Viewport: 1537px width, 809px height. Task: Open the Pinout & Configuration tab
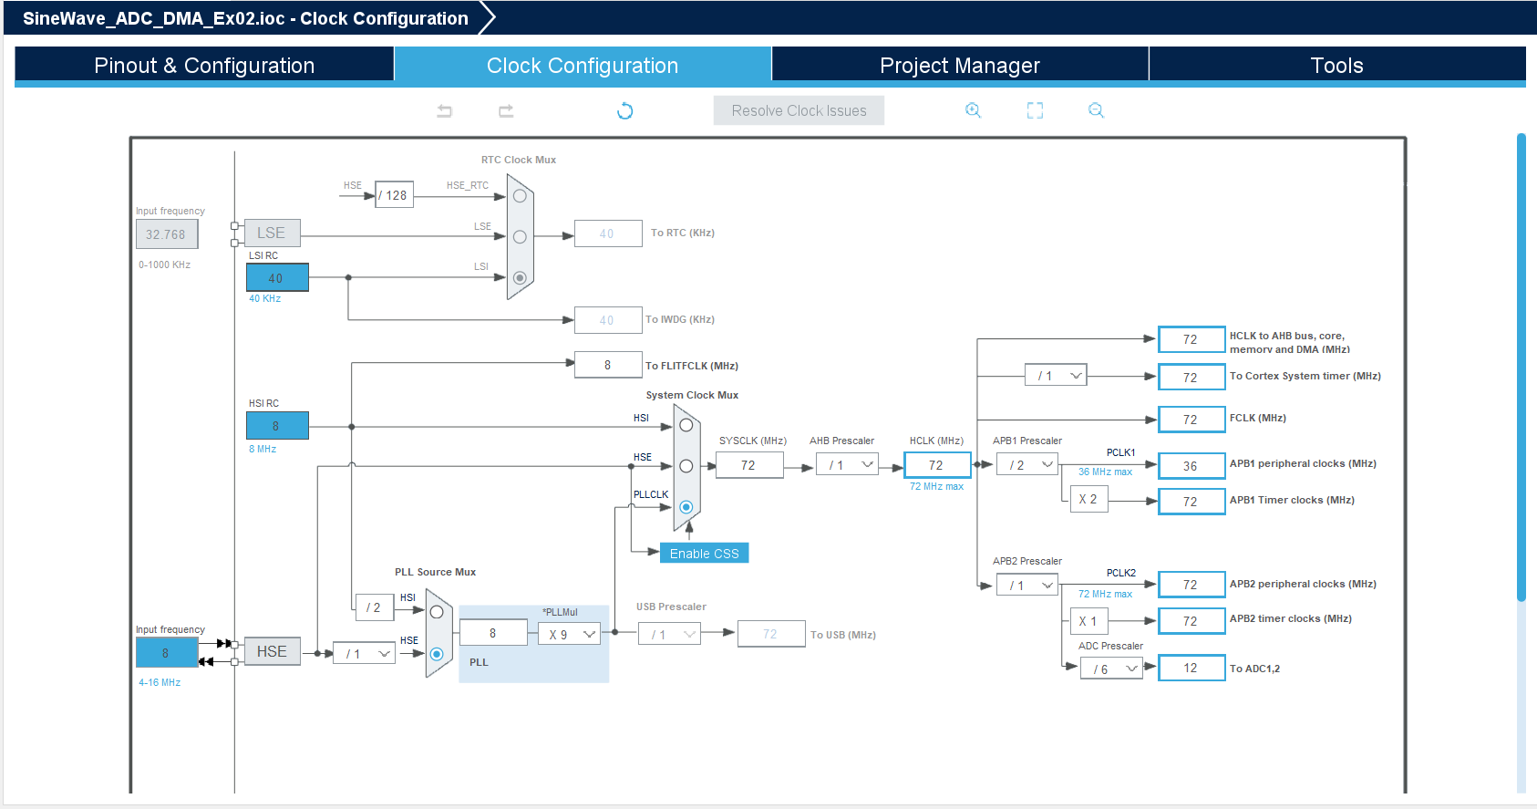coord(204,65)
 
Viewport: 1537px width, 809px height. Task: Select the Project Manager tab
coord(960,65)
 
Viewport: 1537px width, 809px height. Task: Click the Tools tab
coord(1336,65)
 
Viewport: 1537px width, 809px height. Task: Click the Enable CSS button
coord(704,554)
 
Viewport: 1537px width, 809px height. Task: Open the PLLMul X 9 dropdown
coord(570,634)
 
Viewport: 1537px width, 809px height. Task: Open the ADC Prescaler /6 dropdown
coord(1111,669)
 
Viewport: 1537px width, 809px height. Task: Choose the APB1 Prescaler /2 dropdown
coord(1027,465)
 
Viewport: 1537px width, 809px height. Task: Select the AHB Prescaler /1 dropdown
coord(847,465)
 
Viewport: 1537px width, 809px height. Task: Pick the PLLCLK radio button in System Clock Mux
coord(686,507)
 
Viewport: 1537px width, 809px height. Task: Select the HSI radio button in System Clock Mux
coord(686,426)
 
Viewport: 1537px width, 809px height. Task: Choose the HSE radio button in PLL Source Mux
coord(437,654)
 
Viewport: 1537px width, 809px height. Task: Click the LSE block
coord(272,233)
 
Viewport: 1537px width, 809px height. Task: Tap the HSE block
coord(272,651)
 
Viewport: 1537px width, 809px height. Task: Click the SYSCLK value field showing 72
coord(749,465)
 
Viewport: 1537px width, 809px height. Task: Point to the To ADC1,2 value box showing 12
coord(1191,669)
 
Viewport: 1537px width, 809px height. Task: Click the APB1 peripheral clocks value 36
coord(1191,466)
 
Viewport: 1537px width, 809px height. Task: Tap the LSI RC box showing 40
coord(277,277)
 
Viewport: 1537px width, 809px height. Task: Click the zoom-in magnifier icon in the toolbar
coord(973,110)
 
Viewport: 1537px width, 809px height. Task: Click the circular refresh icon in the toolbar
coord(624,110)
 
